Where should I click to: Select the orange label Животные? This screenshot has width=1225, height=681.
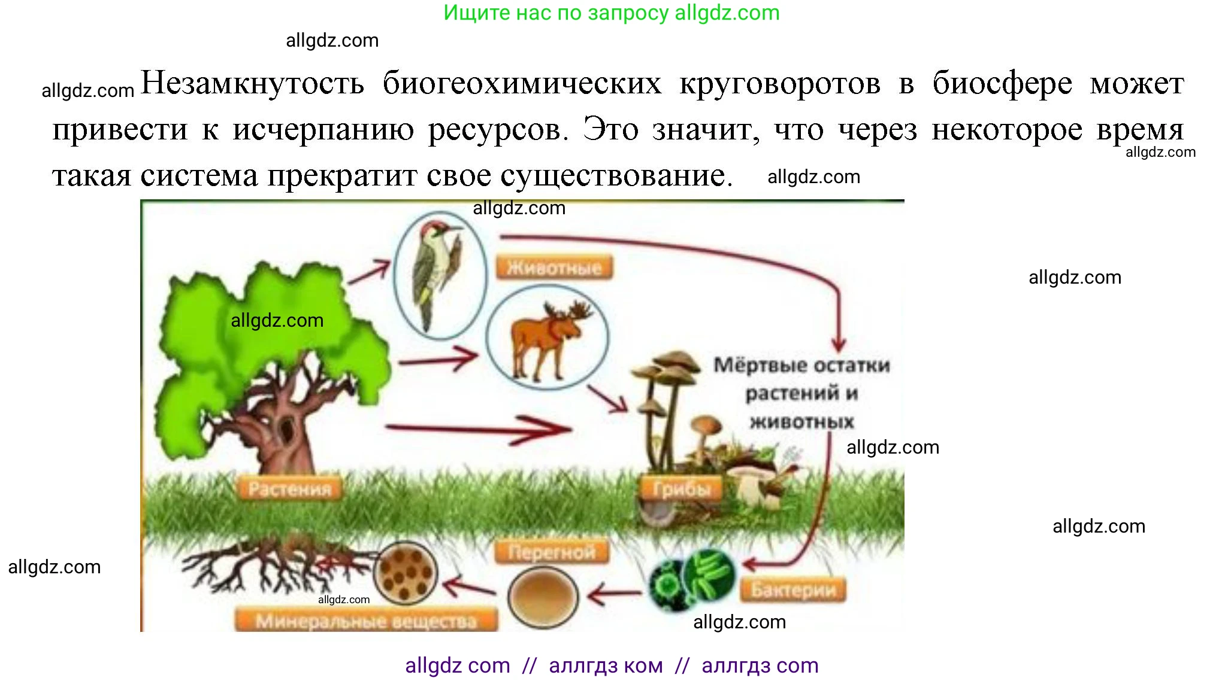tap(554, 267)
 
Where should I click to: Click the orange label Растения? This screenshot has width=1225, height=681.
tap(290, 489)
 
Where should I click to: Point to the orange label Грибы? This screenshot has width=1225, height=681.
tap(682, 489)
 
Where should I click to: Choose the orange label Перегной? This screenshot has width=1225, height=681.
tap(552, 552)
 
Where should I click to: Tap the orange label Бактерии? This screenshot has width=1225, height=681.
tap(793, 590)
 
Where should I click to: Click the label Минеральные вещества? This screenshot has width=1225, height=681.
tap(366, 621)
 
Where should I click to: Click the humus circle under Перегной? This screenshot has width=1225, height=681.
tap(543, 596)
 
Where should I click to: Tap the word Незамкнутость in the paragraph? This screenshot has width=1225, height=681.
tap(252, 83)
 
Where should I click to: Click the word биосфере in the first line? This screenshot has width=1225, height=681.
tap(1002, 83)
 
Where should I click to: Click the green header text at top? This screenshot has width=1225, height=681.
tap(611, 13)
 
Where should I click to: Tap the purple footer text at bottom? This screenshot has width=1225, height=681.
tap(611, 665)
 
